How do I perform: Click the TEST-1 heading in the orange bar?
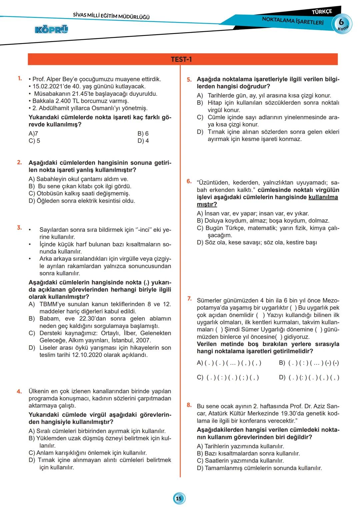tap(181, 59)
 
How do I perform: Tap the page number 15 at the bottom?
tap(179, 498)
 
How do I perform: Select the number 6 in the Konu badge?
tap(341, 22)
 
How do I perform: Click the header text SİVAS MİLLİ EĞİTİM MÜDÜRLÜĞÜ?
tap(111, 16)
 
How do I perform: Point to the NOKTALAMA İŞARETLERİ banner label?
tap(293, 21)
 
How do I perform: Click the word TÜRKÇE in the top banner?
tap(321, 12)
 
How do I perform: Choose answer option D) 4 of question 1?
tap(143, 141)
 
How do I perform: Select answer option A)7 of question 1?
tap(33, 133)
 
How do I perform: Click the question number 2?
tap(20, 162)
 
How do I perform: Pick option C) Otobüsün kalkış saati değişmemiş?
tap(79, 193)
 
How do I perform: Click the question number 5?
tap(189, 80)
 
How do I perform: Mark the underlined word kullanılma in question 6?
tap(323, 197)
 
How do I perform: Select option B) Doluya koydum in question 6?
tap(263, 221)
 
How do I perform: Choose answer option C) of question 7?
tap(228, 377)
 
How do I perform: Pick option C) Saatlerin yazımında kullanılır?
tap(240, 461)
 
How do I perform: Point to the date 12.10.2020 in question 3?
tap(87, 355)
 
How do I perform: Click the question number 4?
tap(19, 391)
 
